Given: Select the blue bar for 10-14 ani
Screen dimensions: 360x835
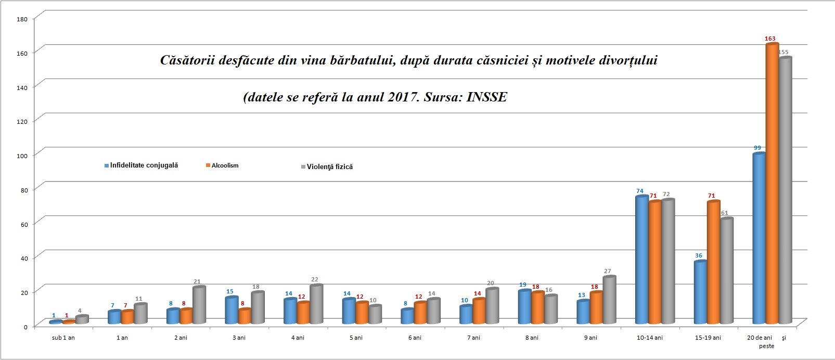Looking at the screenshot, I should coord(641,260).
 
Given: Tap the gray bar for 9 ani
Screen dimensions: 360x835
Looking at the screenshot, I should coord(609,300).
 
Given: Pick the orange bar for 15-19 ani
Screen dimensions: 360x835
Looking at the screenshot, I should coord(713,263).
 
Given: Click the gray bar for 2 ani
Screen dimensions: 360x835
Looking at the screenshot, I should coord(199,305).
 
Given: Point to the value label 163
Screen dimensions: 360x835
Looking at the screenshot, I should coord(770,38).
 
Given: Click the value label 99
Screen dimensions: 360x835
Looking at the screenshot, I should coord(757,148).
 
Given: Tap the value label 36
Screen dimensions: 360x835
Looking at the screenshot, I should coord(699,255).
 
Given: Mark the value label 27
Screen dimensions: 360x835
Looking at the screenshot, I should coord(608,271).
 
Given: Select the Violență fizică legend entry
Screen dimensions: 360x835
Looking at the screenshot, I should coord(329,166).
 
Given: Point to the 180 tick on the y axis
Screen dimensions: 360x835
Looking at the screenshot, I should coord(22,19).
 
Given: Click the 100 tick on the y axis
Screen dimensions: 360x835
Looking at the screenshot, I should coord(22,156).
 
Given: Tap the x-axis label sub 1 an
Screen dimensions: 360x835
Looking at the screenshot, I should coord(63,338).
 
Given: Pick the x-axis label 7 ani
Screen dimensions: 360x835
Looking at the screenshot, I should coord(473,338).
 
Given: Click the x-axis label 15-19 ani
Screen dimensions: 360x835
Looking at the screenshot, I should coord(708,338).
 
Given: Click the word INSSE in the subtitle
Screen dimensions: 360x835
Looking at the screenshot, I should coord(486,97).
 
